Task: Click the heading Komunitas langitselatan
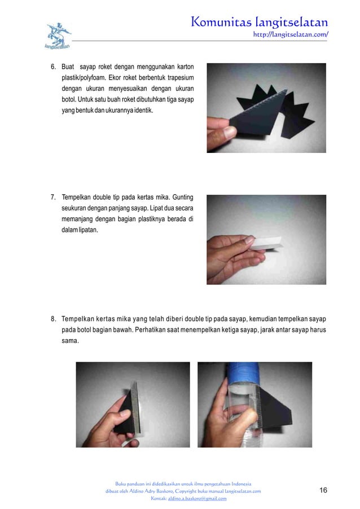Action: [x=260, y=22]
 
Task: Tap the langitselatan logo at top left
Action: [x=58, y=35]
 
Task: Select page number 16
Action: [x=323, y=490]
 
